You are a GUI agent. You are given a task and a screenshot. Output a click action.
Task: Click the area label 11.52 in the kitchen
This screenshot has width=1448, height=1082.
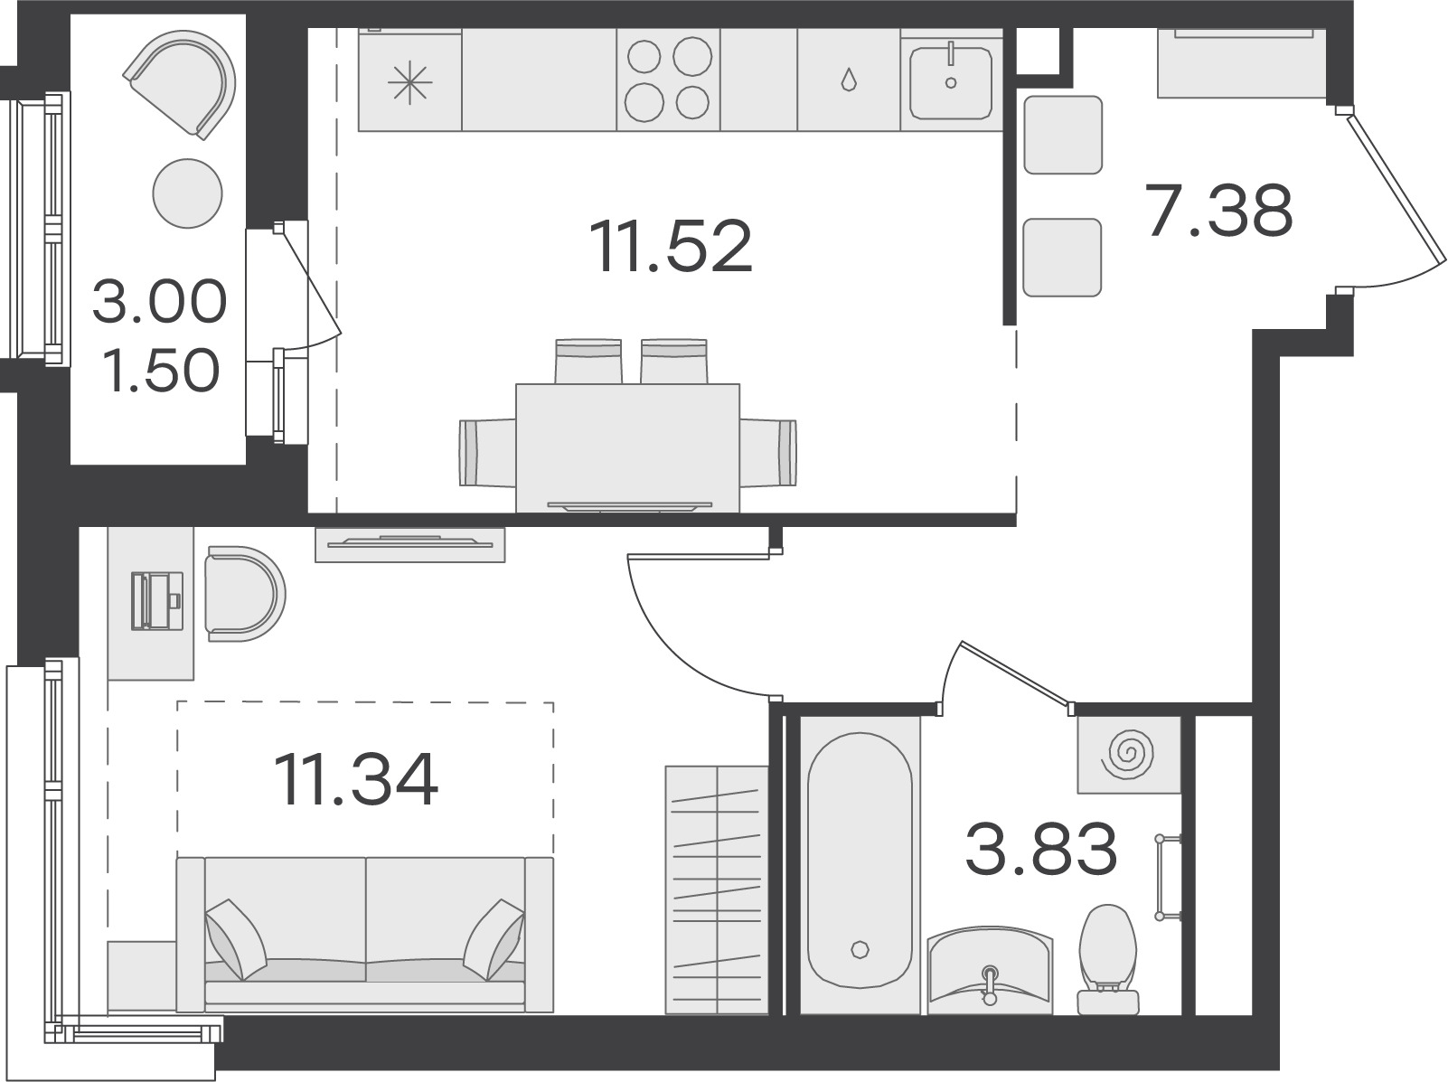[672, 246]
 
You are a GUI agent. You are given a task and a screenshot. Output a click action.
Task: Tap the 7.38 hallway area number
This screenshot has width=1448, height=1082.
[1219, 211]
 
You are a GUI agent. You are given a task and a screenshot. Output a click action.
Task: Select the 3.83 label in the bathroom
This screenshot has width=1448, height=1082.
[1041, 849]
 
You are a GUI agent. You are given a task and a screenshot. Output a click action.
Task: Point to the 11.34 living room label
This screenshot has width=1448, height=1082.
[356, 780]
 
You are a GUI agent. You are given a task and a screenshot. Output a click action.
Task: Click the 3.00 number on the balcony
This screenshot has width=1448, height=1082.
[159, 302]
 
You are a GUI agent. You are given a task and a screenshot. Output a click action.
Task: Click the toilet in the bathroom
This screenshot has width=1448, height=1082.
[1108, 959]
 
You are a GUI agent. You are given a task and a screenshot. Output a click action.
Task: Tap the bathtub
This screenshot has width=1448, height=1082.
[860, 864]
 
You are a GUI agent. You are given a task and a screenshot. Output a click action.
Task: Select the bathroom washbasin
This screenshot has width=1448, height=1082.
[990, 970]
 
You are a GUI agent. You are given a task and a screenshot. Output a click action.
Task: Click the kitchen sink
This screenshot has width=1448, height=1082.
[951, 83]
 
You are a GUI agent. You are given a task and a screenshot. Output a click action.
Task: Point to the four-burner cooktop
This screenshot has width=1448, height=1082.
[668, 80]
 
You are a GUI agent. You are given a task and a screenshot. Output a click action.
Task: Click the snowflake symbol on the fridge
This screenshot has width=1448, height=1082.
[409, 82]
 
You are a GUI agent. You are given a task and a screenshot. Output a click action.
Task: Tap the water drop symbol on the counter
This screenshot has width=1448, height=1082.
[849, 80]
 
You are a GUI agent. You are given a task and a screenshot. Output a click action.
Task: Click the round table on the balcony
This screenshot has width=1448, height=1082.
[187, 193]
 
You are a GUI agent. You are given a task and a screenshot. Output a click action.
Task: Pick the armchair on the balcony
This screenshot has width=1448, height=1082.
[180, 84]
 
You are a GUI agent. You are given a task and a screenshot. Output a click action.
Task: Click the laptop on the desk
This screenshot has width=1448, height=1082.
[157, 601]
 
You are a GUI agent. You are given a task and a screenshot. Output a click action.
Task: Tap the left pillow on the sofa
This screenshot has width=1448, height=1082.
[236, 939]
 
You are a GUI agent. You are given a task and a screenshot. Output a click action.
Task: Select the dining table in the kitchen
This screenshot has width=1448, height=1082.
[627, 447]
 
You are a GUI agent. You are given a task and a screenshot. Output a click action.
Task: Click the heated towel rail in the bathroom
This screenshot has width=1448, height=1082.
[1168, 878]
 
